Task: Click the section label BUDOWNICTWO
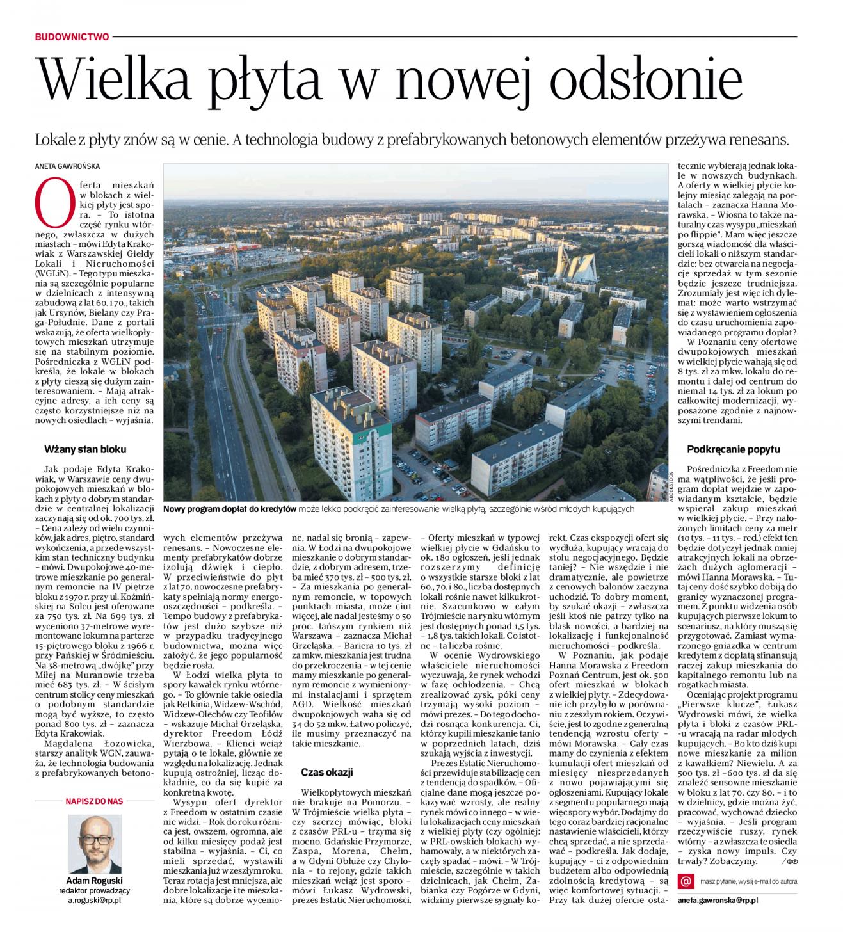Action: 72,37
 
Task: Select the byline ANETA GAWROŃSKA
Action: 68,166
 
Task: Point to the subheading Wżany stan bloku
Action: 85,449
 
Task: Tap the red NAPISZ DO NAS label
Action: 94,801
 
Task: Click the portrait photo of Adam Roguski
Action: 94,841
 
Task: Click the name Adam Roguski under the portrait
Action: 94,880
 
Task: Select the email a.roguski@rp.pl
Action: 94,900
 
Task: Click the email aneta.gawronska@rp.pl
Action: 718,900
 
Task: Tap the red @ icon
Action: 686,881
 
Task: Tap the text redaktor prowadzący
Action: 94,890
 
